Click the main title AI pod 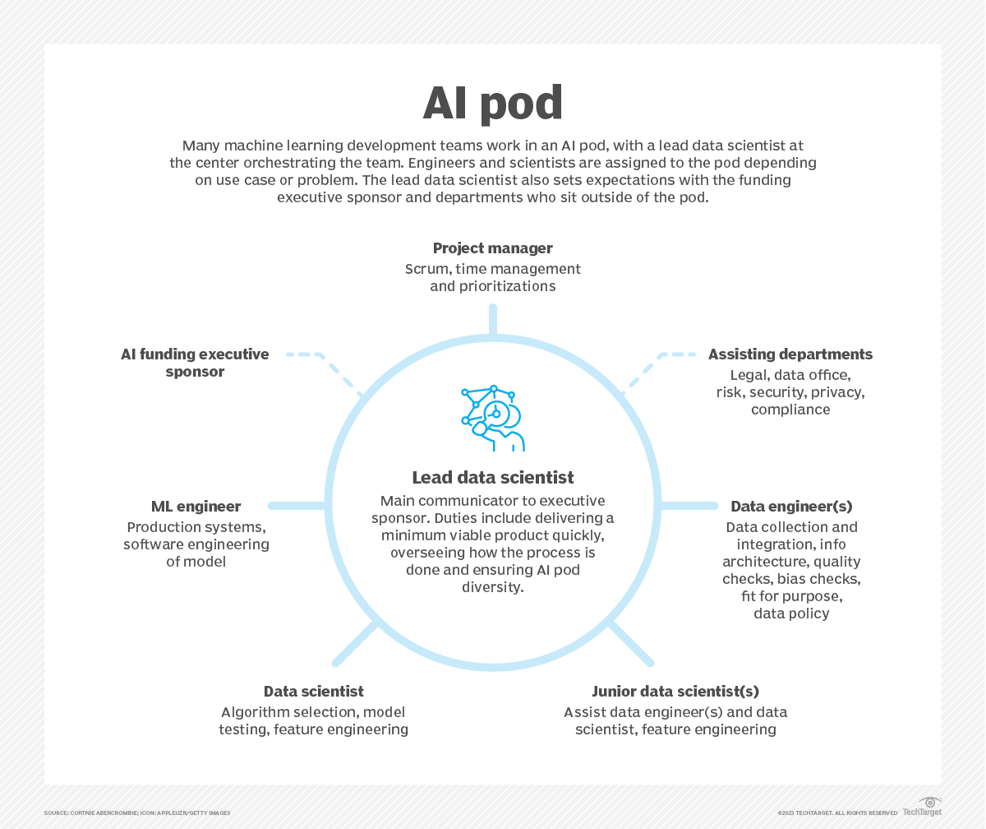[x=492, y=104]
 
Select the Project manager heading [x=492, y=248]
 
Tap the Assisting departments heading [x=790, y=354]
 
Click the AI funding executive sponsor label [x=195, y=363]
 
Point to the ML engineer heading [x=196, y=507]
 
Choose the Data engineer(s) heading [x=791, y=507]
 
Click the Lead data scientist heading [x=492, y=478]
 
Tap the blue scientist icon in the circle [x=492, y=418]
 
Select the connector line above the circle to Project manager [x=493, y=320]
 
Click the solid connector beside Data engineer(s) [x=689, y=506]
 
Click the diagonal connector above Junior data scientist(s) [x=630, y=642]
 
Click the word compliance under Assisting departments [x=790, y=410]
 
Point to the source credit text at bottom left [x=137, y=813]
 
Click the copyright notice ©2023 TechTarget [x=837, y=813]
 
